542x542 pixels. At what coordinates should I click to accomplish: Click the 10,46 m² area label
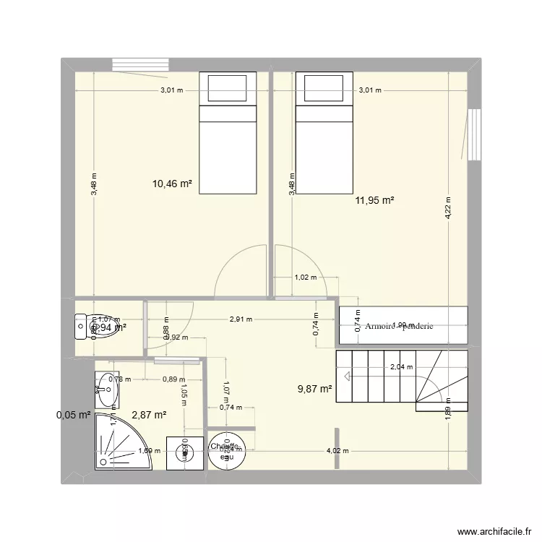pyautogui.click(x=172, y=184)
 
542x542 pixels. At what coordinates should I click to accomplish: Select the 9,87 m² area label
pyautogui.click(x=315, y=390)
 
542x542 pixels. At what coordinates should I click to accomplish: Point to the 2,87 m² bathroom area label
pyautogui.click(x=150, y=415)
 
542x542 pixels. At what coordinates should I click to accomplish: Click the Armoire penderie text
pyautogui.click(x=400, y=327)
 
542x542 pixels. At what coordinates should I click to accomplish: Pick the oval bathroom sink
pyautogui.click(x=107, y=390)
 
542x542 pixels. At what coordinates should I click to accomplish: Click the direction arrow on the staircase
pyautogui.click(x=348, y=376)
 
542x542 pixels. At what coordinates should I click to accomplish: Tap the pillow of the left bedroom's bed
pyautogui.click(x=228, y=89)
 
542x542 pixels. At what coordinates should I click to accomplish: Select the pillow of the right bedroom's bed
pyautogui.click(x=324, y=89)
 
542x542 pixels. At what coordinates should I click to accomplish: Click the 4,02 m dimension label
pyautogui.click(x=337, y=451)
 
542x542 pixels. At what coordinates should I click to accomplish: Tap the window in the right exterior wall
pyautogui.click(x=474, y=134)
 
